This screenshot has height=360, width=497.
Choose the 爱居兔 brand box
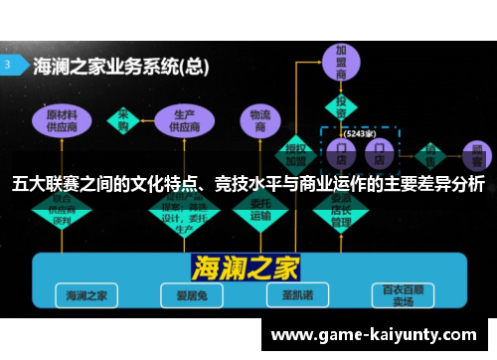(185, 294)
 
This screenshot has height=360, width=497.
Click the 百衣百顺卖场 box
(401, 294)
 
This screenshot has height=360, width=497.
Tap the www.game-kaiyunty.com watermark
(373, 334)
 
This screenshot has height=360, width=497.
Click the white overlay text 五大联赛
(42, 184)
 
